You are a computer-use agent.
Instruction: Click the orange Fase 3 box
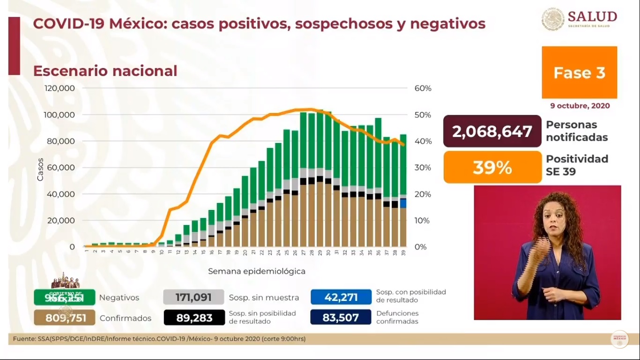579,73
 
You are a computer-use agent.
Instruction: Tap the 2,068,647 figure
492,131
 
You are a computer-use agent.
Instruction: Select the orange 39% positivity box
492,167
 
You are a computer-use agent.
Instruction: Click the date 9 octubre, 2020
580,106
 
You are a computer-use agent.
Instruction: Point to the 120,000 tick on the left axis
60,89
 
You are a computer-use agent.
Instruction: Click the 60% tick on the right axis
422,89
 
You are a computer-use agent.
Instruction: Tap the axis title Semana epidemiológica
257,271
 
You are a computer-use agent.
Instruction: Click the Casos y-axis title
40,170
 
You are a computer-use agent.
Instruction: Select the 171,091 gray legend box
193,298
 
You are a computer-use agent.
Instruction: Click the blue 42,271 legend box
341,298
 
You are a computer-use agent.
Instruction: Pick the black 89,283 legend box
193,318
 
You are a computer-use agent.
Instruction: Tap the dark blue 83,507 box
341,318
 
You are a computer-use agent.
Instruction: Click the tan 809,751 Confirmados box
65,318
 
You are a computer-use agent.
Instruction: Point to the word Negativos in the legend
119,298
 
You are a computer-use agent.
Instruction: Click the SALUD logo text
592,17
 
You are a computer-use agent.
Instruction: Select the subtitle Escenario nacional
105,71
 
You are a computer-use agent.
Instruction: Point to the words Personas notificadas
577,131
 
